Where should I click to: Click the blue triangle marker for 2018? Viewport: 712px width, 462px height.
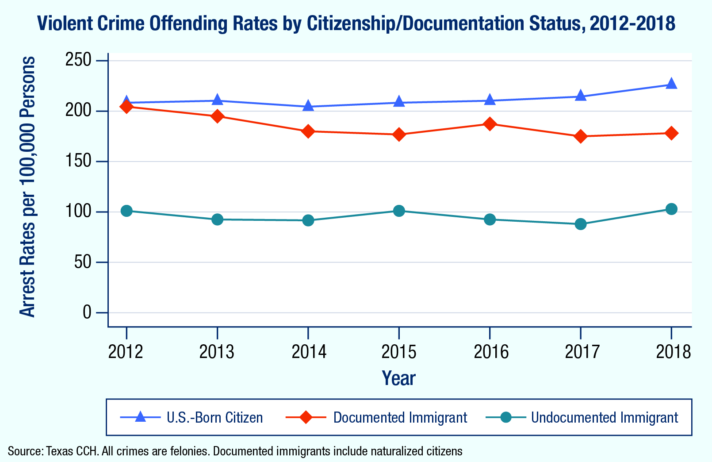tap(671, 84)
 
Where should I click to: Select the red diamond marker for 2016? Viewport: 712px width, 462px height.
tap(490, 124)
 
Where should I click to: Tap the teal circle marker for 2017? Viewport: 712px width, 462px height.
tap(580, 224)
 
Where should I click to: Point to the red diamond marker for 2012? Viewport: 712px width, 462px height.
tap(126, 107)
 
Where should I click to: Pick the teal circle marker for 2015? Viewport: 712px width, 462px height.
tap(399, 211)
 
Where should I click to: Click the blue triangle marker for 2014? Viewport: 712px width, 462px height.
tap(308, 106)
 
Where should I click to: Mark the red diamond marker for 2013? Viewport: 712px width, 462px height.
tap(217, 116)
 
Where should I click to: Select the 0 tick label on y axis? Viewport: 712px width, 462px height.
tap(87, 313)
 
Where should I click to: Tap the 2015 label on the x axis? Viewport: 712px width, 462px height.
tap(399, 352)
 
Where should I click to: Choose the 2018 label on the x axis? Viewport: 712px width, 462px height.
tap(673, 352)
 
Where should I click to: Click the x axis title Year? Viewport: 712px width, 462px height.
tap(398, 378)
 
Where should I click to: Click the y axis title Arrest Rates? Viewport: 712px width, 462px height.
tap(28, 187)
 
